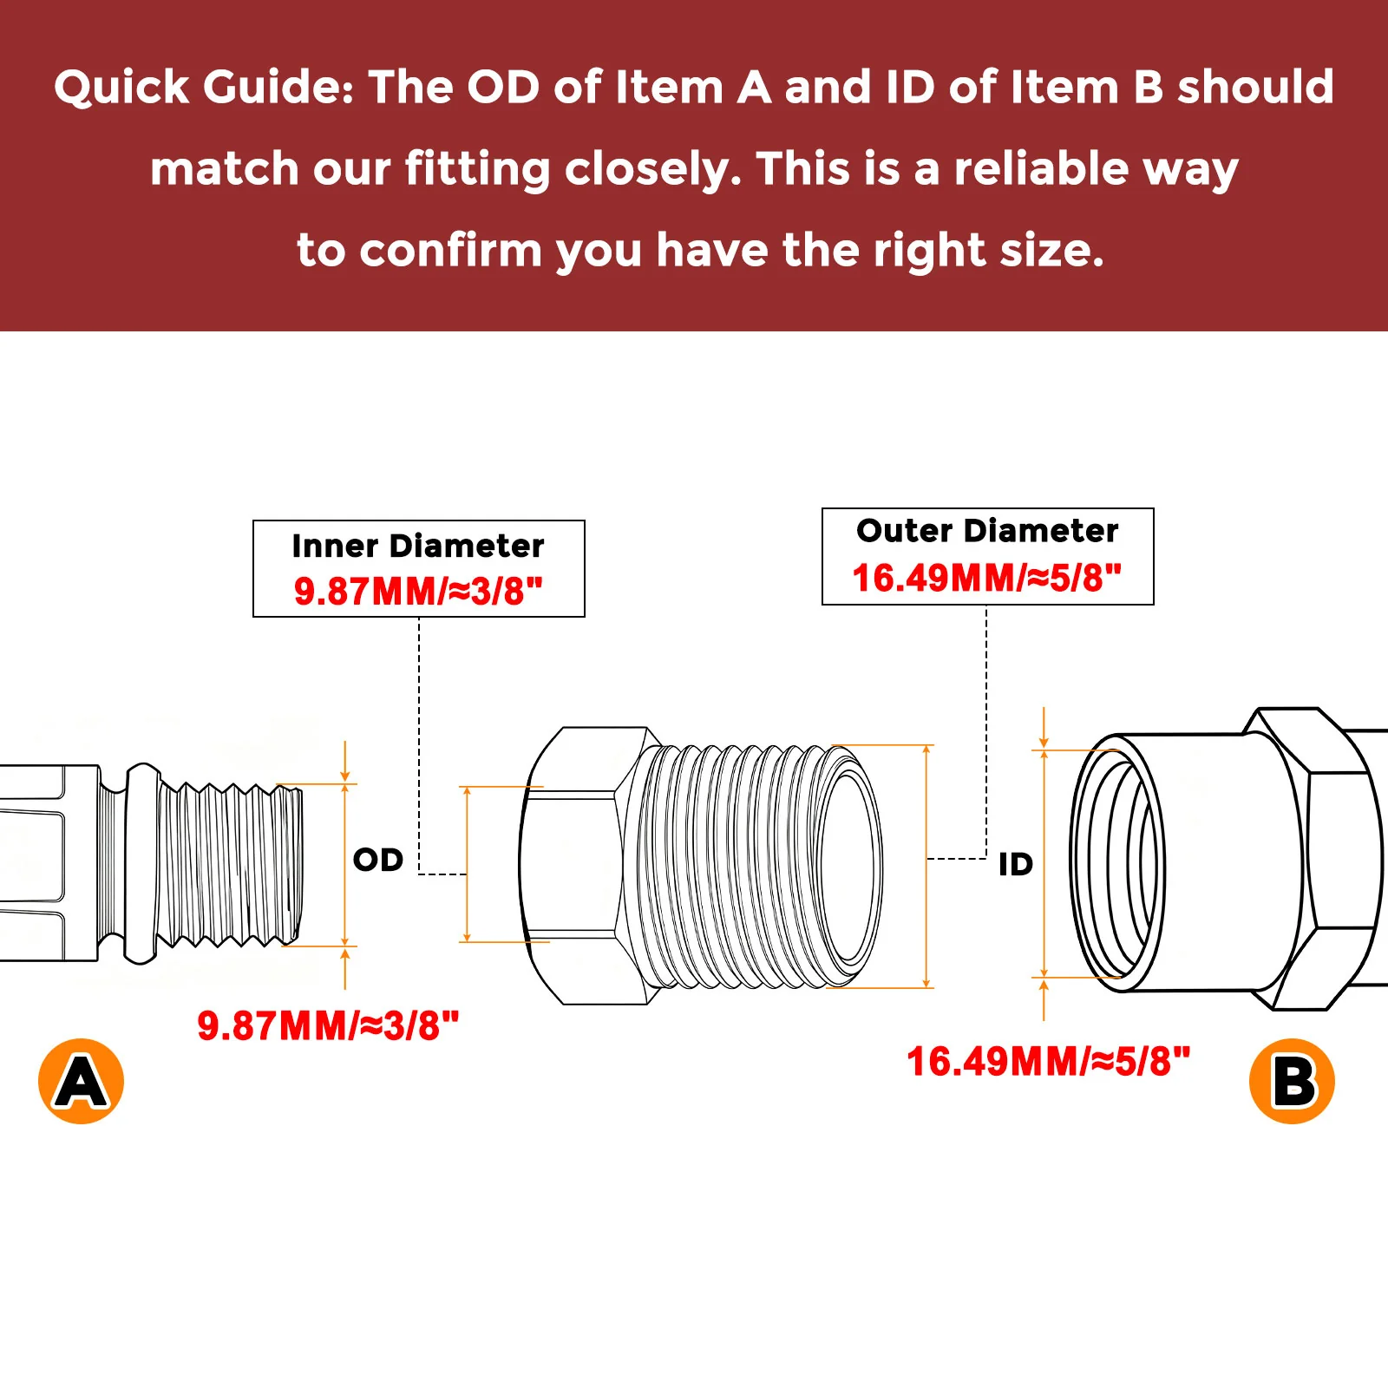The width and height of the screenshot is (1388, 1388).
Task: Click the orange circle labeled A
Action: click(x=82, y=1081)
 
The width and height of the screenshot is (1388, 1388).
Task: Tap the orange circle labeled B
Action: click(x=1292, y=1081)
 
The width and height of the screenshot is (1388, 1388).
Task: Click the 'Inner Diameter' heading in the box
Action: click(x=418, y=546)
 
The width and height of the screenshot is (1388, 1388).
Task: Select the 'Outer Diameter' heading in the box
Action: click(x=987, y=530)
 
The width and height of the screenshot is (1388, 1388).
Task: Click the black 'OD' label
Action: click(x=378, y=860)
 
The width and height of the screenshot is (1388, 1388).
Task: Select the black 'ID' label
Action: click(x=1016, y=864)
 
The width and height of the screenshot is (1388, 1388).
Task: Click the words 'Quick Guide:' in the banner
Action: click(x=205, y=88)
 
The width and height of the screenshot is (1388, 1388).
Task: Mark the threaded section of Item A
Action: click(x=230, y=864)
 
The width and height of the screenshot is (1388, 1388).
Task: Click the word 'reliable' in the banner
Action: click(x=1041, y=167)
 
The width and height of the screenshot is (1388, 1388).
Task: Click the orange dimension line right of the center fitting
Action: click(x=927, y=866)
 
